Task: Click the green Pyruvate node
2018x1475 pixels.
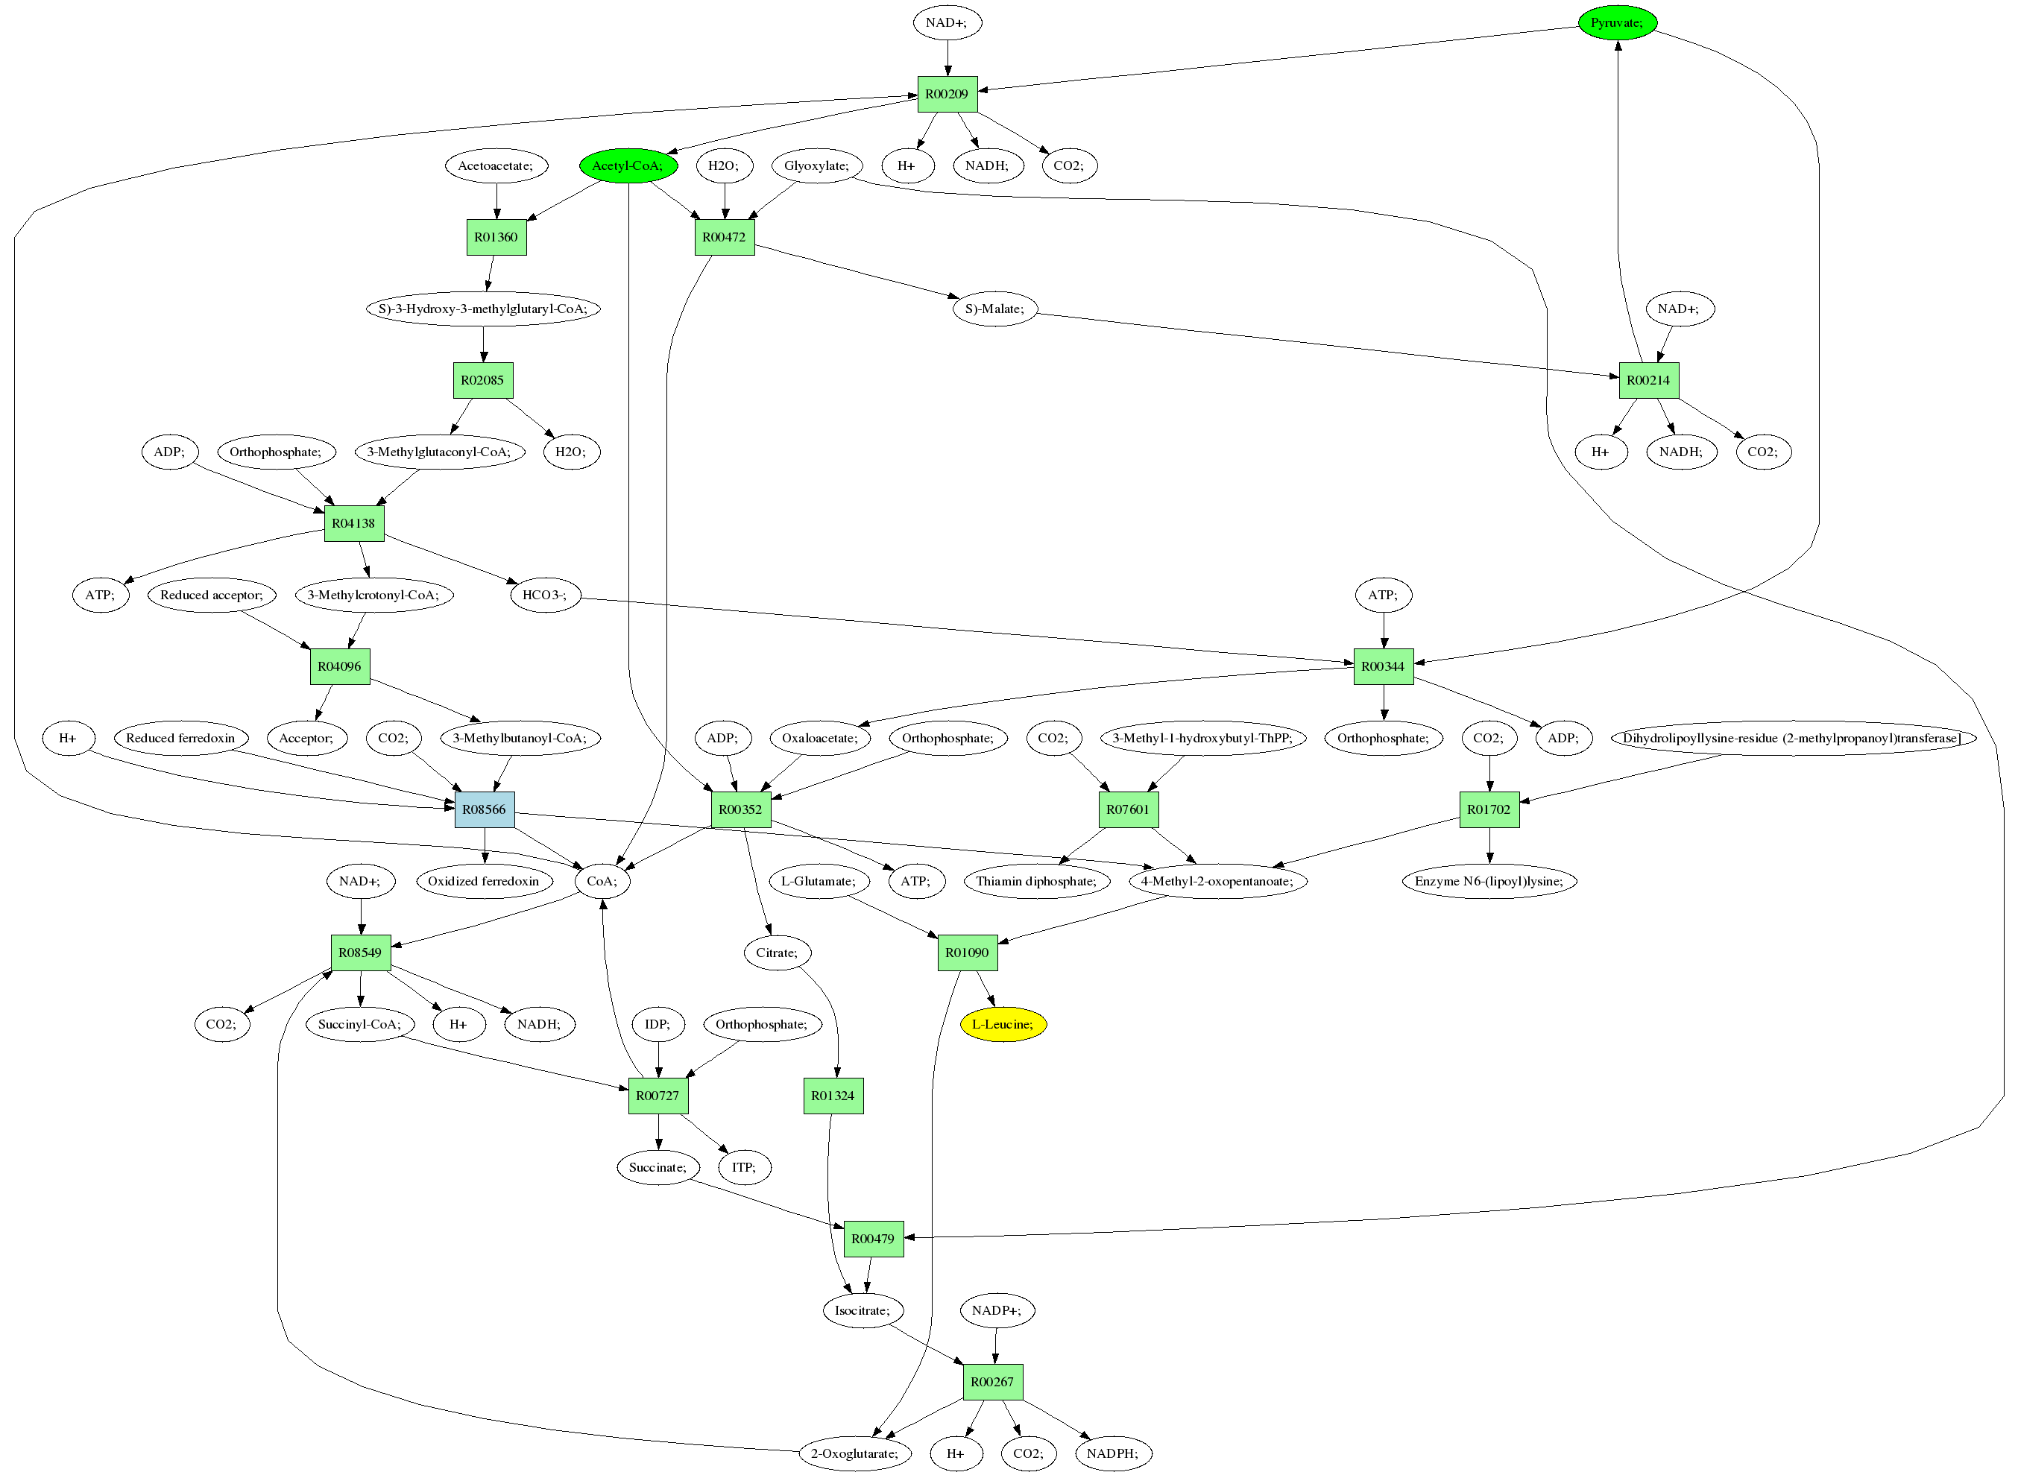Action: click(1617, 22)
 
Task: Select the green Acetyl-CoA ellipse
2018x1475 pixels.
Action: click(628, 166)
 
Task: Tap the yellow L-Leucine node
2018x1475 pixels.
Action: click(1003, 1024)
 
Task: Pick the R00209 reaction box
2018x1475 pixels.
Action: click(947, 94)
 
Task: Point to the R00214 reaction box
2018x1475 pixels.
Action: click(1648, 380)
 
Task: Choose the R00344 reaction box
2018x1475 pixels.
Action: click(1383, 666)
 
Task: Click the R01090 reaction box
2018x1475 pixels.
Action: click(967, 953)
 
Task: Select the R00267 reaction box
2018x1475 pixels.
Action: click(993, 1382)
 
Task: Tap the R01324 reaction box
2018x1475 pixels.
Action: click(833, 1096)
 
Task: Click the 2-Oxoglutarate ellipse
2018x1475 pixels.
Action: click(854, 1453)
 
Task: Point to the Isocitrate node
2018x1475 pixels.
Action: click(863, 1311)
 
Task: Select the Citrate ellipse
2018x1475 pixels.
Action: click(777, 953)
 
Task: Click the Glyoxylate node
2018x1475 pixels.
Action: click(817, 166)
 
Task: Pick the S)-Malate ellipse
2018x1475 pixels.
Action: click(994, 309)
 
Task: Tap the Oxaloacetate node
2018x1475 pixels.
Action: click(820, 739)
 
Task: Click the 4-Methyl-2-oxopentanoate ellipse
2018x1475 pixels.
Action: click(1218, 881)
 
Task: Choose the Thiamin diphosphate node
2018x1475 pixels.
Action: click(1037, 881)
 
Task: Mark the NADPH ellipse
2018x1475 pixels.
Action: click(1112, 1453)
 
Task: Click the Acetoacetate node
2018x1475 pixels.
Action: click(496, 166)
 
